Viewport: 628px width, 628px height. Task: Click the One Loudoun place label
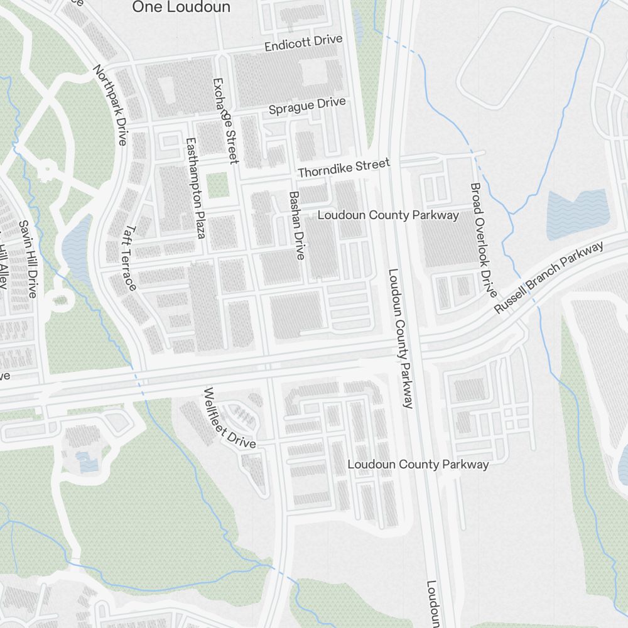pos(181,7)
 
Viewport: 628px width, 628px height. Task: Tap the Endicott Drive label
pos(303,43)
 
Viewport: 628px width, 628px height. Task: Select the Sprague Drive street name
pos(307,106)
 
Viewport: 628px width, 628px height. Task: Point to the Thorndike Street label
pos(344,168)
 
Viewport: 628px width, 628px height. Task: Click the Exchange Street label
pos(225,121)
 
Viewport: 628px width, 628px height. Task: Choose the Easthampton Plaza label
pos(193,188)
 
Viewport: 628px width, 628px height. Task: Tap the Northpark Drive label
pos(110,104)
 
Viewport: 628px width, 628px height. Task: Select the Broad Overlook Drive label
pos(484,240)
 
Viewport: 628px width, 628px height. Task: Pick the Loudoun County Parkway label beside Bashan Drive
pos(388,215)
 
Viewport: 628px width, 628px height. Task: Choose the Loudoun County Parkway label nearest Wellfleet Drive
pos(418,465)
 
